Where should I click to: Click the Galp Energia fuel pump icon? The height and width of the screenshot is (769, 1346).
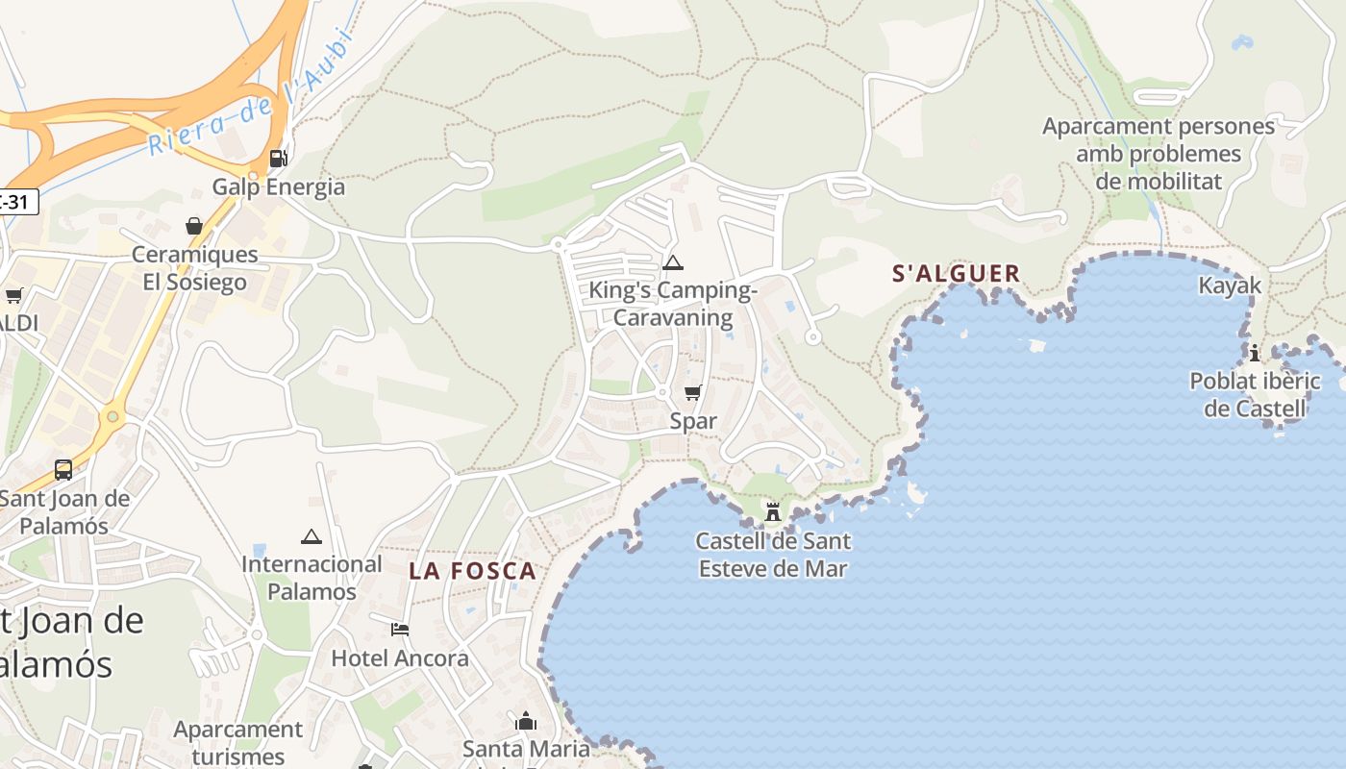point(278,159)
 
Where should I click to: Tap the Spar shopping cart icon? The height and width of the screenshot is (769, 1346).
point(692,392)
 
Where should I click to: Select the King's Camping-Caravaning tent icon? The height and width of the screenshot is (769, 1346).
point(673,262)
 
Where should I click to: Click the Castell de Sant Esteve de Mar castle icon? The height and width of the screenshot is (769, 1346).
point(773,511)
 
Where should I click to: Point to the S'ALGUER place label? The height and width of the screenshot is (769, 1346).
point(956,274)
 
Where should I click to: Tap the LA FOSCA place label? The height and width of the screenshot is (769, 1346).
point(472,571)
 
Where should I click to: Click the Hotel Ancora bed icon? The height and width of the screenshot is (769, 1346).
point(400,630)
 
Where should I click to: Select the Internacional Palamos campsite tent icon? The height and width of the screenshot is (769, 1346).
point(311,536)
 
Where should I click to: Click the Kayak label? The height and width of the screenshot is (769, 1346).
point(1230,285)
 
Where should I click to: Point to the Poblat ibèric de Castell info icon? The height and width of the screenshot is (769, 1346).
point(1255,353)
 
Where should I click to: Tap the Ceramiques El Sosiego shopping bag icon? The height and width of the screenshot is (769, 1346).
point(194,226)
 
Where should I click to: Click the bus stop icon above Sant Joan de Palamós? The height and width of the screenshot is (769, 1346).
point(63,470)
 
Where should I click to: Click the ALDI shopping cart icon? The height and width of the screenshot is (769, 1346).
point(13,295)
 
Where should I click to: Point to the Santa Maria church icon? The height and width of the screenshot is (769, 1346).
point(526,721)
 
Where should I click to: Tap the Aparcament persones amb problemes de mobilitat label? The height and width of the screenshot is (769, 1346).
point(1159,154)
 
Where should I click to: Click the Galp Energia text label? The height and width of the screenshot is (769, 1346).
point(278,186)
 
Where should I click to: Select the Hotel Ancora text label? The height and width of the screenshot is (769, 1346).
point(400,658)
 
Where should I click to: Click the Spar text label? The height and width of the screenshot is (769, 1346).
point(693,421)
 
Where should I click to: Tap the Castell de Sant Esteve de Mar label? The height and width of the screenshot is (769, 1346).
point(773,555)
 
